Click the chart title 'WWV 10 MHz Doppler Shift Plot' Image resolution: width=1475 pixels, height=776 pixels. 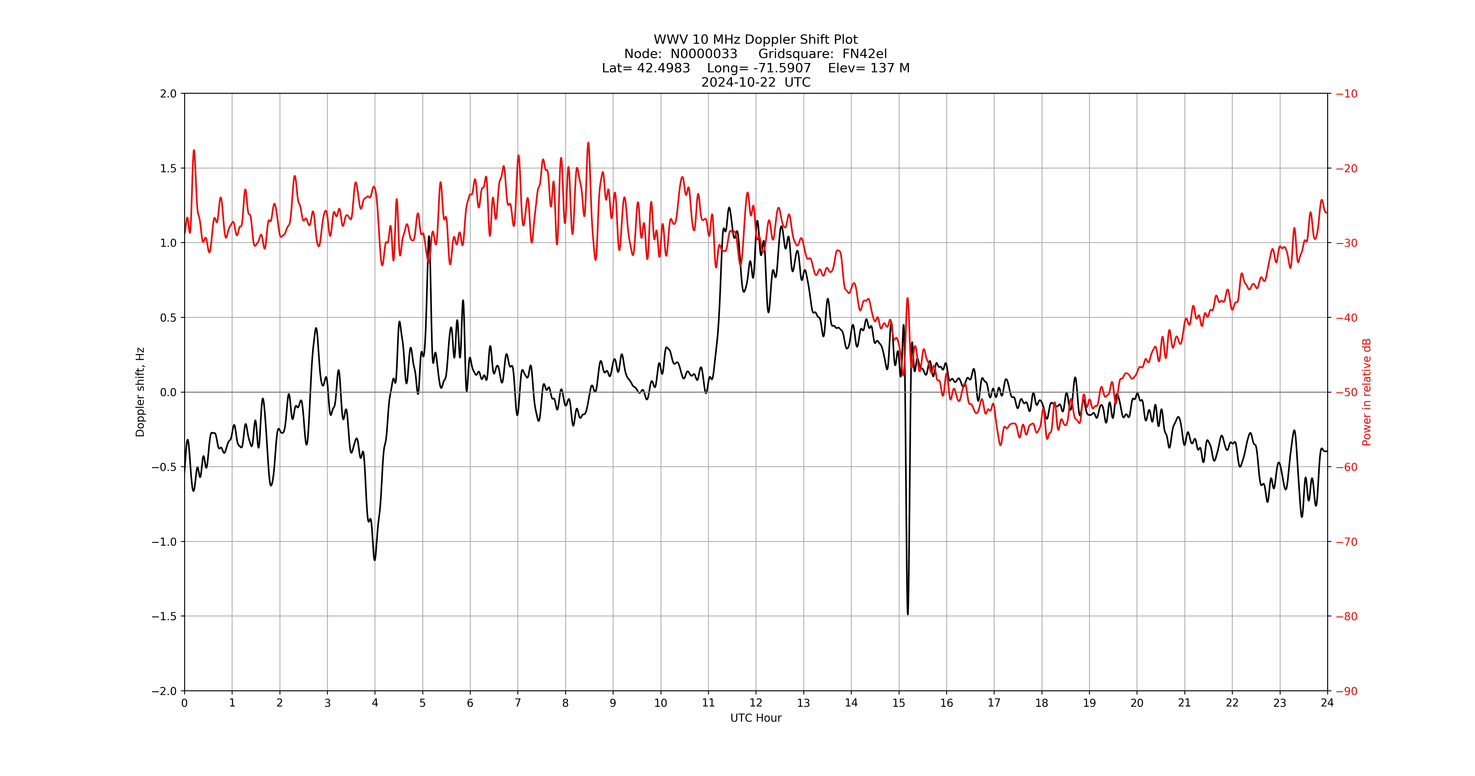click(x=755, y=39)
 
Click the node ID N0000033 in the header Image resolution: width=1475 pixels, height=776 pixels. click(x=704, y=54)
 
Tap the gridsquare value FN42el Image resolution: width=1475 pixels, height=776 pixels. click(x=865, y=54)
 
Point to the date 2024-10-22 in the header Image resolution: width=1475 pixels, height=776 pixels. click(x=739, y=82)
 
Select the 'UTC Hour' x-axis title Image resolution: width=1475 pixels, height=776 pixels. click(x=755, y=718)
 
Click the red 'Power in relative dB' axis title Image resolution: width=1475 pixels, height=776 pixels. click(x=1366, y=392)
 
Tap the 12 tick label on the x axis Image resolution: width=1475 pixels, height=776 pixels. click(x=756, y=703)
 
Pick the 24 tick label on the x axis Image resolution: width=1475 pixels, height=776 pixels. click(x=1327, y=703)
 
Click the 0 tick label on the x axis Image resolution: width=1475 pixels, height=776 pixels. click(x=184, y=703)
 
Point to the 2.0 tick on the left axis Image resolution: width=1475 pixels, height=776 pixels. click(x=168, y=94)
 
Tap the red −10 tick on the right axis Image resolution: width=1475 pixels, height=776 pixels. click(x=1346, y=94)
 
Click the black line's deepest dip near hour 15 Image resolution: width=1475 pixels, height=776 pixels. click(x=908, y=613)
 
